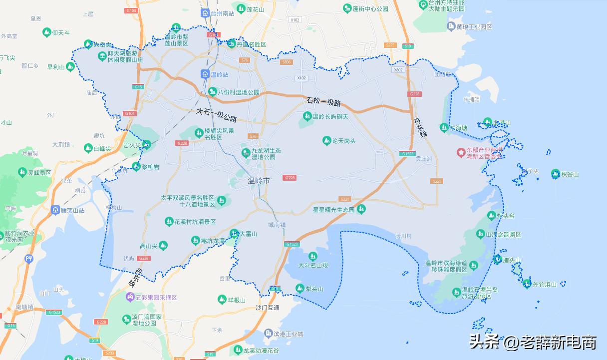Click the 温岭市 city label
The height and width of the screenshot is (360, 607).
click(259, 181)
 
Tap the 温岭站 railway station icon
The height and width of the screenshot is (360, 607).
click(205, 74)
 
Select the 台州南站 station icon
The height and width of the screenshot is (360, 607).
click(205, 13)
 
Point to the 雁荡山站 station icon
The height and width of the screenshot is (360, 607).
click(55, 210)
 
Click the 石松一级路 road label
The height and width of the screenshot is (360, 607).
click(323, 103)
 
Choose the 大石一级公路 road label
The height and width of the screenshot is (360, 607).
click(216, 116)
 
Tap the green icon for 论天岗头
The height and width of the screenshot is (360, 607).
click(326, 141)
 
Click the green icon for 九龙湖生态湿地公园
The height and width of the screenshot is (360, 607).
click(245, 153)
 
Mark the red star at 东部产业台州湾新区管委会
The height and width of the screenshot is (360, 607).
click(460, 152)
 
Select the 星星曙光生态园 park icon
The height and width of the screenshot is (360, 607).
click(361, 209)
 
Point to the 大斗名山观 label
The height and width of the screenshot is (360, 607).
click(313, 265)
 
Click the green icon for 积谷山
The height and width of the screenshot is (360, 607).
click(555, 174)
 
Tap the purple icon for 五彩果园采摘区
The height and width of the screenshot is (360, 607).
click(129, 297)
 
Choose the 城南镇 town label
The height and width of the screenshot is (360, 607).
click(277, 225)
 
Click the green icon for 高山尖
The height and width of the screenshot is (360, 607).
click(163, 245)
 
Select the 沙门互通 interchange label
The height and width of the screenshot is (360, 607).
click(267, 308)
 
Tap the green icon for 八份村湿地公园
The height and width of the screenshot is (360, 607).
click(212, 92)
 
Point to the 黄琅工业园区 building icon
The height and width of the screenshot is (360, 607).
click(451, 26)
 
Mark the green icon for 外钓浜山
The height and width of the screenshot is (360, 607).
click(527, 284)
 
